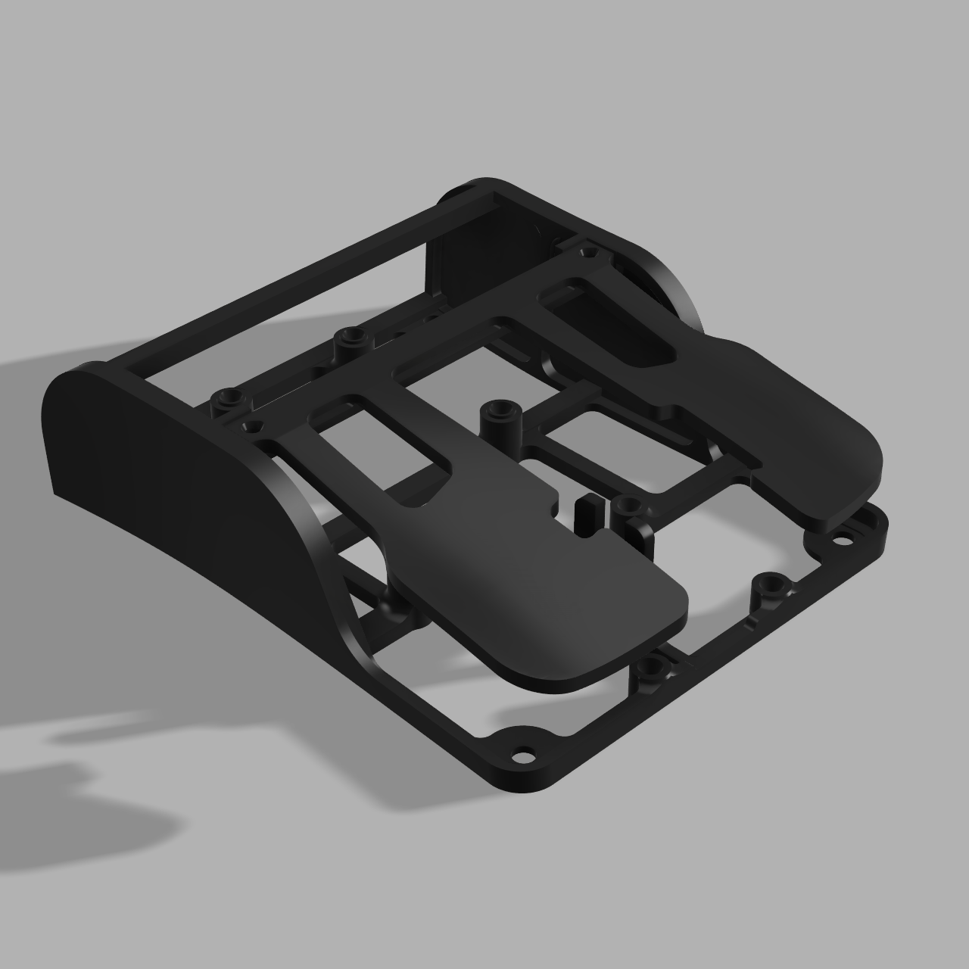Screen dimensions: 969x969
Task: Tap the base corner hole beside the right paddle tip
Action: tap(840, 542)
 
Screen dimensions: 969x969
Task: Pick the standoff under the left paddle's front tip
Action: tap(650, 669)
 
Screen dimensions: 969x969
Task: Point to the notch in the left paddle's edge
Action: tap(552, 500)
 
